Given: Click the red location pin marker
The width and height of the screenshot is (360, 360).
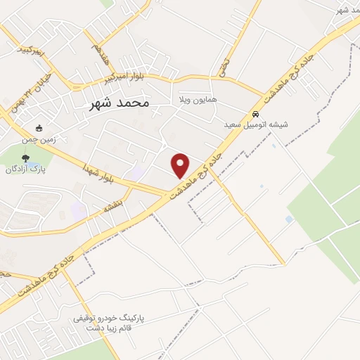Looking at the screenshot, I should (181, 165).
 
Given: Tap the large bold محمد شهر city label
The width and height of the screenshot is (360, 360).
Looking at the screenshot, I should (120, 102).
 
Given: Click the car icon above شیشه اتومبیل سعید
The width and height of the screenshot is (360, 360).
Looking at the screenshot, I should (257, 113).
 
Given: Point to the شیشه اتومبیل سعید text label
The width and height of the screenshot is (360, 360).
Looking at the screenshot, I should (257, 124).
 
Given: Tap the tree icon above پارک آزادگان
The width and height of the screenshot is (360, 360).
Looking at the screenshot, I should (25, 157).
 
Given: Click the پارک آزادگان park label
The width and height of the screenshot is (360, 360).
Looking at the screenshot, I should (25, 169).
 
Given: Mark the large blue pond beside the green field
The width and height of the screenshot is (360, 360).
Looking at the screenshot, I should (289, 219).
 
